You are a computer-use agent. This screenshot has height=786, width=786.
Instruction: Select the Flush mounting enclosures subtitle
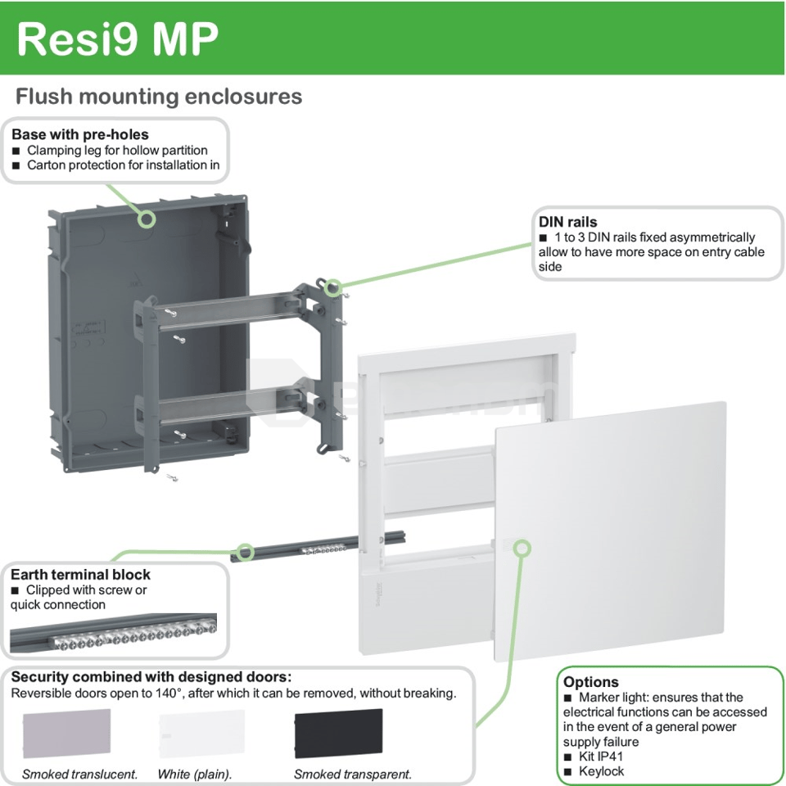click(x=159, y=97)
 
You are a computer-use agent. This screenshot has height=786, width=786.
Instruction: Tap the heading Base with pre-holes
click(x=80, y=134)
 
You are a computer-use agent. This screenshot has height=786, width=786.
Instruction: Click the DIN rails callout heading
click(x=567, y=222)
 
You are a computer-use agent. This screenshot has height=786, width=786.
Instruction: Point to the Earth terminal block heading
click(x=80, y=574)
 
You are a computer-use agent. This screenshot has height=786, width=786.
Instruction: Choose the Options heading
click(x=590, y=682)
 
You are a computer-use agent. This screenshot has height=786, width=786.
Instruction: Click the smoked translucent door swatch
click(x=66, y=735)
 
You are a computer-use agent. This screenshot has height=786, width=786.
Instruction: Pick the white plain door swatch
click(x=201, y=735)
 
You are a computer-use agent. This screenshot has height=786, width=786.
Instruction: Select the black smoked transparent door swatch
click(x=338, y=735)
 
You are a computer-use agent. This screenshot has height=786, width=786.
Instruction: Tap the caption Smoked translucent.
click(x=79, y=774)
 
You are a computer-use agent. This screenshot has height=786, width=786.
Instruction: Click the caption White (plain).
click(x=195, y=774)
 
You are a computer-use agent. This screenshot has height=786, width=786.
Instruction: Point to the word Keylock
click(x=601, y=771)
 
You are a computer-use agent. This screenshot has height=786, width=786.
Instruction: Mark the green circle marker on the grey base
click(x=147, y=219)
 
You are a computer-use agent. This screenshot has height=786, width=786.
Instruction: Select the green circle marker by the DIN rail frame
click(x=332, y=287)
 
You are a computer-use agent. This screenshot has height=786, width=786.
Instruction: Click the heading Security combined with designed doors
click(x=151, y=677)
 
